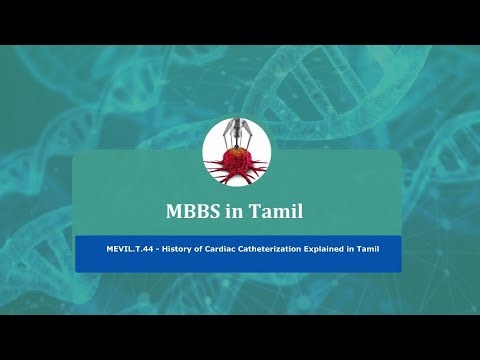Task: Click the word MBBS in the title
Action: coord(190,211)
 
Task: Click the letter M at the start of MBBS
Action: coord(172,211)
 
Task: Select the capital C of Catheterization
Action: coord(229,245)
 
